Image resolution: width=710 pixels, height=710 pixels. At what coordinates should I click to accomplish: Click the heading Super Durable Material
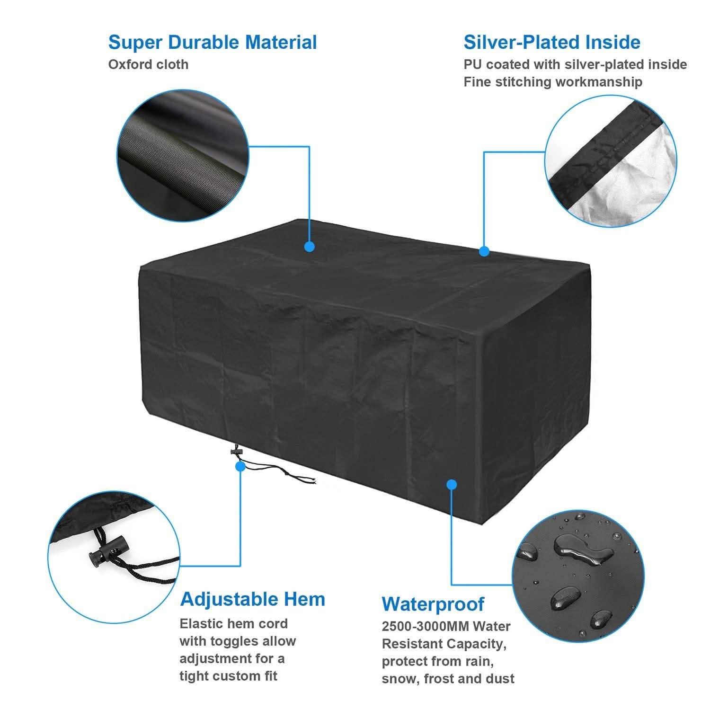(213, 42)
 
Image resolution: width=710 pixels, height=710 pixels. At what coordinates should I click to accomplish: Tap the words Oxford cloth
(148, 64)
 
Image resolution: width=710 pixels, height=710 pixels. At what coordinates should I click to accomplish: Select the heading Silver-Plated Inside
(552, 42)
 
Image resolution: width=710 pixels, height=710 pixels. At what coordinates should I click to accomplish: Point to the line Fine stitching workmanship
(553, 82)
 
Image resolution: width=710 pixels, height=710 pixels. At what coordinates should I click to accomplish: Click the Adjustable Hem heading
(253, 599)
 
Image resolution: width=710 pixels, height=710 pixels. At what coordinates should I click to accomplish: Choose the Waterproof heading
(433, 604)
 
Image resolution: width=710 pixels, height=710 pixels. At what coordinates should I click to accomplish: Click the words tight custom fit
(228, 675)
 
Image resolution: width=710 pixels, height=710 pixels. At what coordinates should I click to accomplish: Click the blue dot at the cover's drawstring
(240, 466)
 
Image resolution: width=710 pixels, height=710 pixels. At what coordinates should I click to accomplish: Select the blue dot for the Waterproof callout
(452, 484)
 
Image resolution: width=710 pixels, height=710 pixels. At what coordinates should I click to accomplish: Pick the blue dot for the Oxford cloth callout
(310, 247)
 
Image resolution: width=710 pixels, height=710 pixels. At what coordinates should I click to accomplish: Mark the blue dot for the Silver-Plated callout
(484, 251)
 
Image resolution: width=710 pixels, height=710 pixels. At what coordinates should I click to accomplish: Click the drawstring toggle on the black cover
(235, 453)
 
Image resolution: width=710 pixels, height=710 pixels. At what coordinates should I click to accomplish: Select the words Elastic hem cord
(233, 623)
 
